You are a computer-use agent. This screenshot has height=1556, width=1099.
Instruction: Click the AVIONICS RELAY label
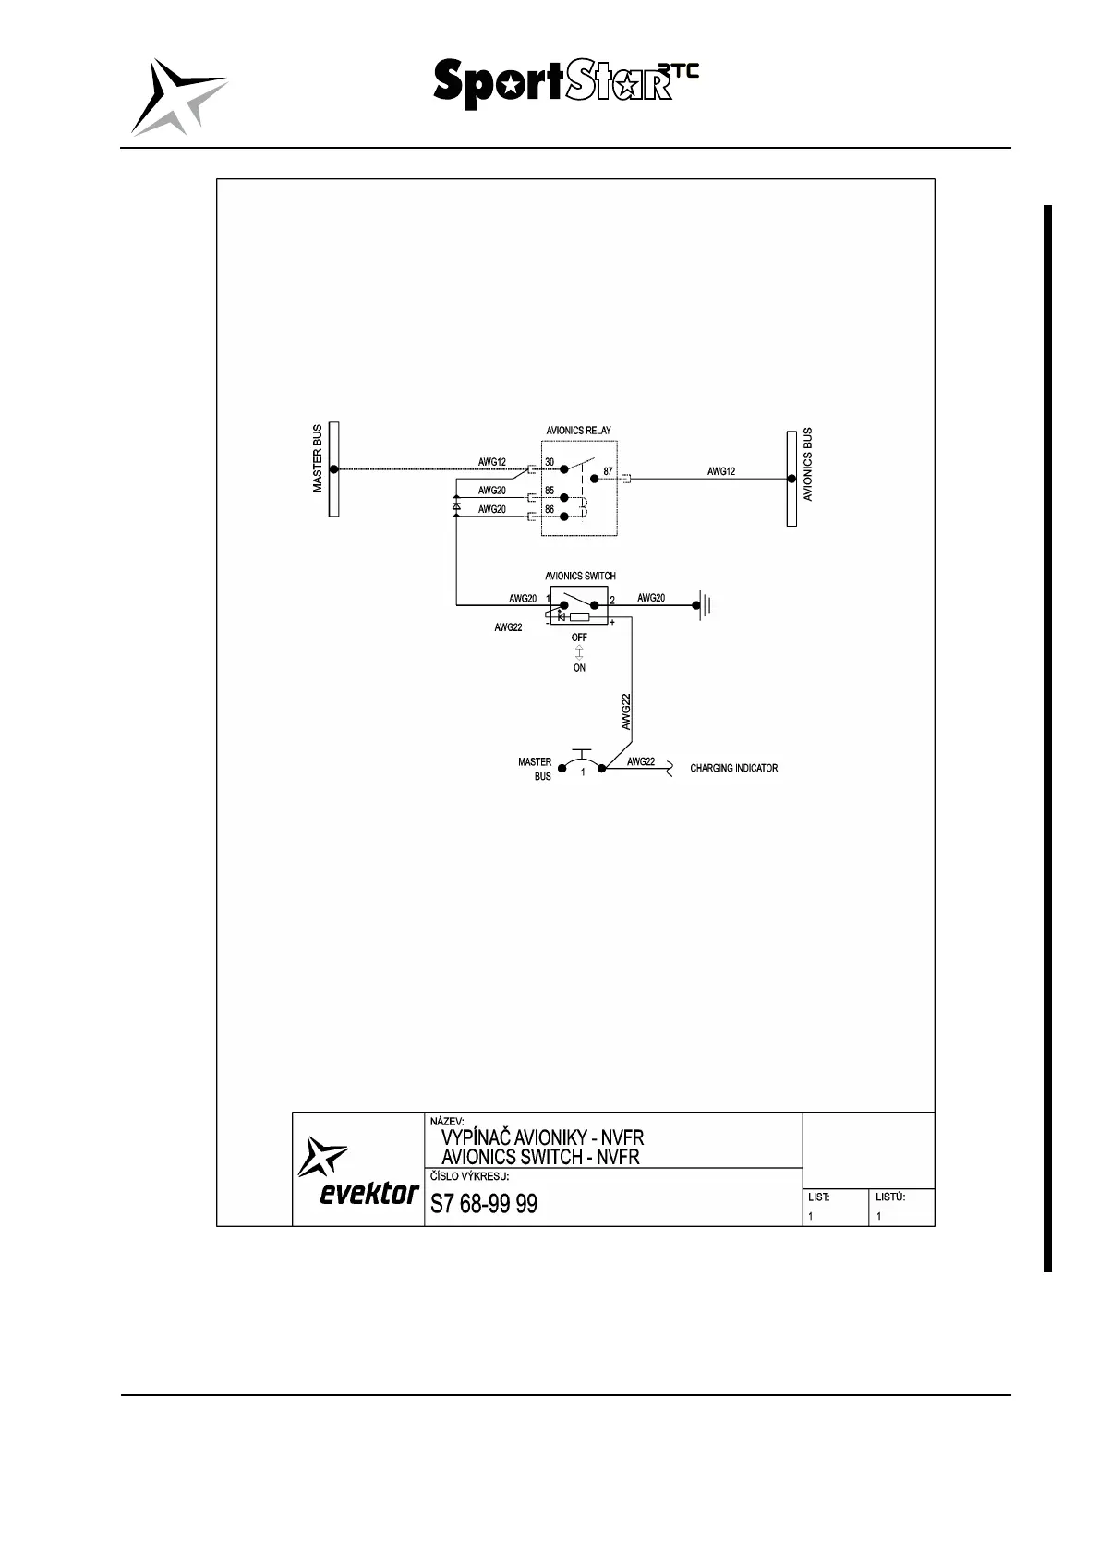pyautogui.click(x=578, y=430)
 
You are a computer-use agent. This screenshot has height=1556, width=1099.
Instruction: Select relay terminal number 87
pyautogui.click(x=608, y=471)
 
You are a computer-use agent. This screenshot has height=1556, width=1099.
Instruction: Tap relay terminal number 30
pyautogui.click(x=549, y=462)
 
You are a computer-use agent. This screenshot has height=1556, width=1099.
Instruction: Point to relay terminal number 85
pyautogui.click(x=549, y=491)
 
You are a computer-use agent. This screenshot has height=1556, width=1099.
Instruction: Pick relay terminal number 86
pyautogui.click(x=549, y=509)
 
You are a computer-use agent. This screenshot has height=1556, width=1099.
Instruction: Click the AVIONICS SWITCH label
pyautogui.click(x=580, y=576)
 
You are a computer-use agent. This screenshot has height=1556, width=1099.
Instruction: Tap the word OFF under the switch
pyautogui.click(x=579, y=638)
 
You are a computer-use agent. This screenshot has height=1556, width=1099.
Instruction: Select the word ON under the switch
pyautogui.click(x=579, y=668)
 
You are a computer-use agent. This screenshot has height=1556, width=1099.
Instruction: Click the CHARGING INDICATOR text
pyautogui.click(x=733, y=768)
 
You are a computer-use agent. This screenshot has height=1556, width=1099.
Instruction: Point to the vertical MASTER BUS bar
pyautogui.click(x=334, y=469)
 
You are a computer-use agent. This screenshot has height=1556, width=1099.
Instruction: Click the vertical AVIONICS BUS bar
pyautogui.click(x=791, y=479)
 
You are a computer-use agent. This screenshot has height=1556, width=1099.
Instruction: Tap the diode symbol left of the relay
pyautogui.click(x=456, y=506)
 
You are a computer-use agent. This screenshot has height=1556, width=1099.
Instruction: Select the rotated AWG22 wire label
pyautogui.click(x=626, y=711)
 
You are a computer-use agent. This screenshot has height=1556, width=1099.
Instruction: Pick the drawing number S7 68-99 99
pyautogui.click(x=484, y=1204)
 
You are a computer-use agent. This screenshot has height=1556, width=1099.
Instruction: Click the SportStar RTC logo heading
pyautogui.click(x=564, y=84)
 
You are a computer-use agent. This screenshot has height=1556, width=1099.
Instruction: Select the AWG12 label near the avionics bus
pyautogui.click(x=721, y=471)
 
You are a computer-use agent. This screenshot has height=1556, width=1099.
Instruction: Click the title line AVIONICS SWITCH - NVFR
pyautogui.click(x=540, y=1157)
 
